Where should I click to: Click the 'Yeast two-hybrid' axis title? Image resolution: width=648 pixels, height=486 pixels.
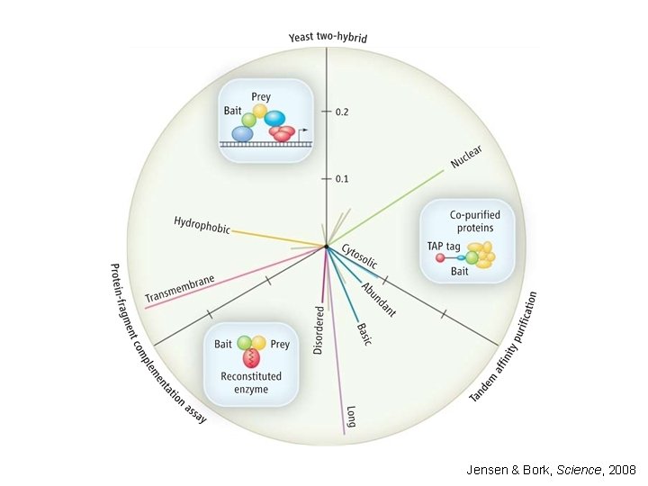[327, 38]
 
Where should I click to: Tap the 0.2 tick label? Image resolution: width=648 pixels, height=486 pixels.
[342, 112]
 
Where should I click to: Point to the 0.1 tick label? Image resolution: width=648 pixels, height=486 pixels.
[342, 178]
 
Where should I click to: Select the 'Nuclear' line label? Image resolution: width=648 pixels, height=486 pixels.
[466, 157]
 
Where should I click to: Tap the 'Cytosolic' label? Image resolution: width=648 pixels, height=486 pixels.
[359, 257]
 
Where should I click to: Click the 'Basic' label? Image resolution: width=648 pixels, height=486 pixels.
[364, 333]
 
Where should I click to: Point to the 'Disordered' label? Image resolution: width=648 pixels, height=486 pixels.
[319, 328]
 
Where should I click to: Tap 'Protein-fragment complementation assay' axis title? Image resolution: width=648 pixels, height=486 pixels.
[157, 343]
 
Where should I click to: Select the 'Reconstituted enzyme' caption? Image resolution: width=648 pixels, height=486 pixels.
[251, 382]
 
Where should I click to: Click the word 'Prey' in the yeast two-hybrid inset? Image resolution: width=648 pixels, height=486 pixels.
[262, 97]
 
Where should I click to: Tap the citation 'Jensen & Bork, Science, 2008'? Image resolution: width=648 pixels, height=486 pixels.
[551, 470]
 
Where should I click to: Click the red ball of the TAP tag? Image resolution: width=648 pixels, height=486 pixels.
[440, 258]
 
